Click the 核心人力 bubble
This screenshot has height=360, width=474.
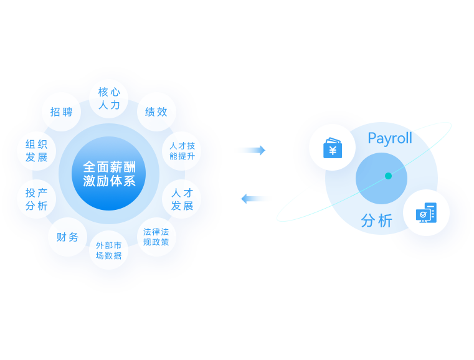point(109,98)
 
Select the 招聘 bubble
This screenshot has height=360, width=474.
point(61,112)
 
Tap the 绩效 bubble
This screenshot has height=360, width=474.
point(156,112)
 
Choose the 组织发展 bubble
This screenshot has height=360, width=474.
point(36,151)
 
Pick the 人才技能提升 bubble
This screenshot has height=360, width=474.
point(182,151)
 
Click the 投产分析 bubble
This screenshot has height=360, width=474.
point(36,199)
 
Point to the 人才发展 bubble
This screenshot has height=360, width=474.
point(182,199)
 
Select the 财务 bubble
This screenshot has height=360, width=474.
point(67,237)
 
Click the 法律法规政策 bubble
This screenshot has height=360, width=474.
point(156,237)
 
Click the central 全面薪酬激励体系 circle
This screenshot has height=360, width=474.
point(109,174)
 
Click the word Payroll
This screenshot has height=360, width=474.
point(390,138)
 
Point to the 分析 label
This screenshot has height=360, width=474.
point(376,221)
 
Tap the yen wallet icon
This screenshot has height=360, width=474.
point(332,148)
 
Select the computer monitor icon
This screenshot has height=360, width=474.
point(426,213)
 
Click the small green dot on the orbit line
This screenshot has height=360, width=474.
point(388,176)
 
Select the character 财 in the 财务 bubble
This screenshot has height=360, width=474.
point(62,237)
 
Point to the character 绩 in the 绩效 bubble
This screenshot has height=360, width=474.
point(150,112)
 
